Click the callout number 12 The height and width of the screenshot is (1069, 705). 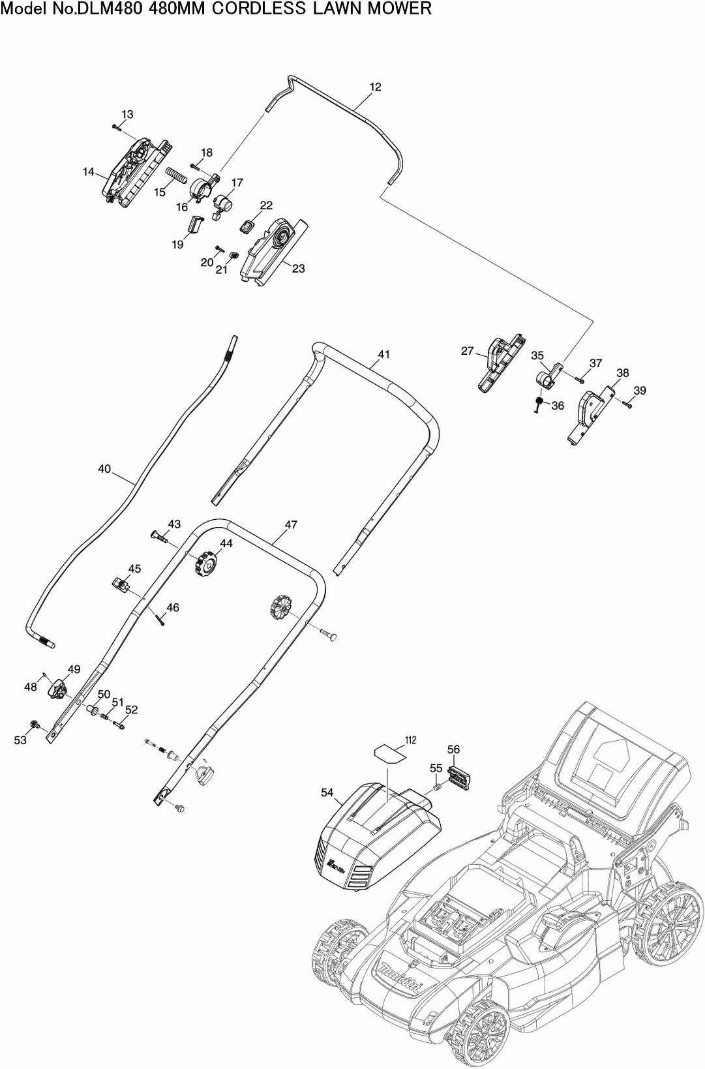(375, 87)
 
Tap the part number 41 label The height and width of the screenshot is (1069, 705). (383, 354)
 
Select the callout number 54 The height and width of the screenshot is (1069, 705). (327, 792)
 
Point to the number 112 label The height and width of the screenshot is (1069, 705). (410, 740)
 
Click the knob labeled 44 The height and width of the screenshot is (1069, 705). (206, 563)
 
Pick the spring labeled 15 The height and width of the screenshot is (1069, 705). (177, 176)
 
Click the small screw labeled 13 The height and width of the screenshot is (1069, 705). (117, 127)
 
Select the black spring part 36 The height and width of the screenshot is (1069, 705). (539, 402)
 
